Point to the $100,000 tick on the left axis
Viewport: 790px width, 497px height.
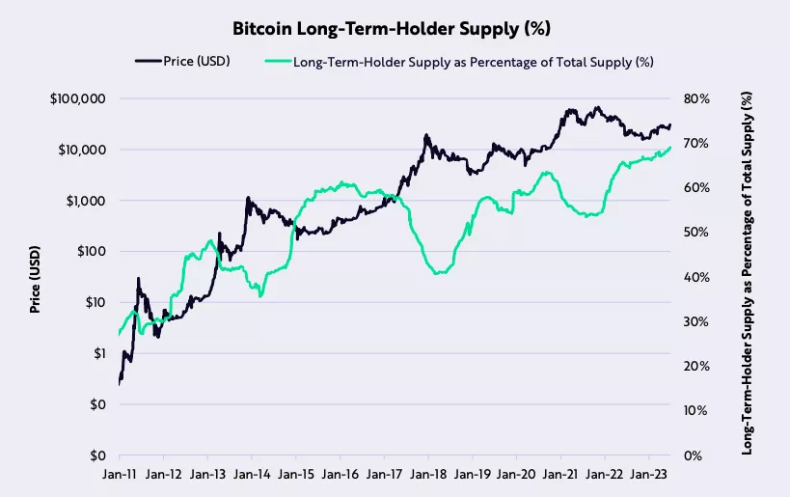coord(77,99)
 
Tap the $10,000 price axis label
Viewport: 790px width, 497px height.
coord(80,151)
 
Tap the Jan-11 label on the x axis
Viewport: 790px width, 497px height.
coord(120,474)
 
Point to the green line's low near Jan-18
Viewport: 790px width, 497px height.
coord(439,274)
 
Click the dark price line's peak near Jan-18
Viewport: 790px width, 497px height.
coord(425,136)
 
